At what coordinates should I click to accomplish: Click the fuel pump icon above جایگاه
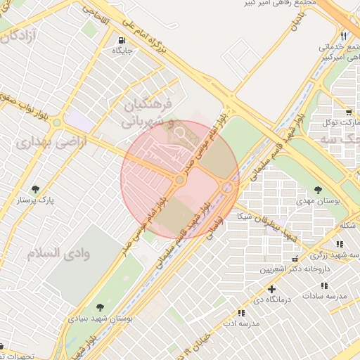(124, 39)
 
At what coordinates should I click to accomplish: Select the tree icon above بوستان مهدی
(319, 190)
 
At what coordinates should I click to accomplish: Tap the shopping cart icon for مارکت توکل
(348, 112)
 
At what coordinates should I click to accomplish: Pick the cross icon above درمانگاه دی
(271, 288)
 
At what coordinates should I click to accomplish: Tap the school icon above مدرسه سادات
(323, 285)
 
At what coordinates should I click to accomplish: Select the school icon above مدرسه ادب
(241, 313)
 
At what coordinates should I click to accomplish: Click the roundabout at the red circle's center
(180, 181)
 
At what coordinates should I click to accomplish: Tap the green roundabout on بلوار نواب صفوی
(56, 122)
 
